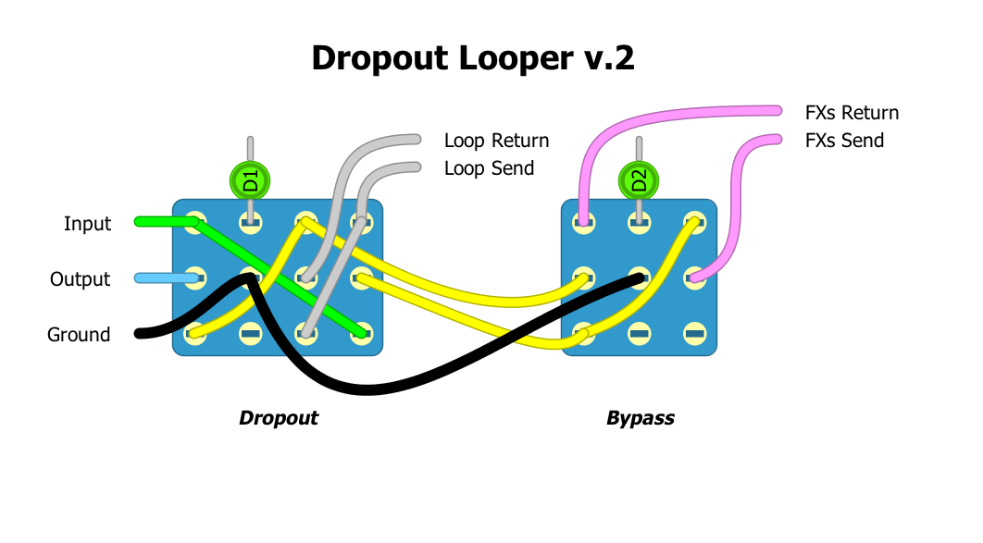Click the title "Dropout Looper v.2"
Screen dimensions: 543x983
pos(473,58)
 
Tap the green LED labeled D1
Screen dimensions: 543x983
pos(250,179)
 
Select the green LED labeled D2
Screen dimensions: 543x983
pos(639,179)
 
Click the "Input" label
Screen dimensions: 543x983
pos(87,224)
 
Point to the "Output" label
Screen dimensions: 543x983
pos(80,279)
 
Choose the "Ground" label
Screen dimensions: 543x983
pos(79,335)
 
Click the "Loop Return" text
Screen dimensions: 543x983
pos(496,141)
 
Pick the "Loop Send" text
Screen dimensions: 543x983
pos(489,168)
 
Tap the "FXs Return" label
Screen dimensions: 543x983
pos(852,113)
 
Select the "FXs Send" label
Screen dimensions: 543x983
pos(844,141)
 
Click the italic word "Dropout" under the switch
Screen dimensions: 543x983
pos(278,418)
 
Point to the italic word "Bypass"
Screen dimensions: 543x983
pos(640,418)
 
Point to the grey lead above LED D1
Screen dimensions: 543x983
pos(250,149)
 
